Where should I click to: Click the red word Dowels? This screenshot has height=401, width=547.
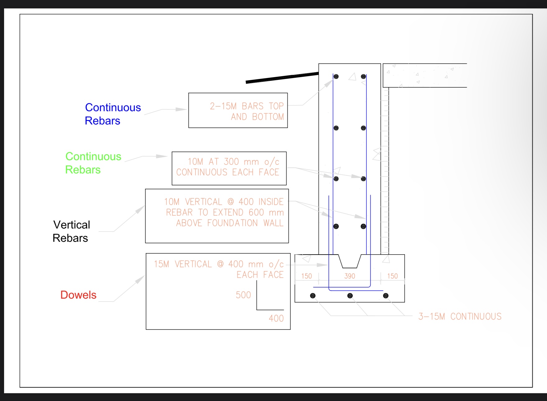coord(78,295)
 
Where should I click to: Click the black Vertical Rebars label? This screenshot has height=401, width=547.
coord(71,231)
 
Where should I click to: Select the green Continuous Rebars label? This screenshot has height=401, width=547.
coord(93,163)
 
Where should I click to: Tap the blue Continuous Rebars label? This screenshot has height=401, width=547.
coord(113,114)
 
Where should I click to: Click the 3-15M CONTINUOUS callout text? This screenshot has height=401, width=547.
coord(460,316)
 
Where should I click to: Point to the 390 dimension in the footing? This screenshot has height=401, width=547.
coord(350,276)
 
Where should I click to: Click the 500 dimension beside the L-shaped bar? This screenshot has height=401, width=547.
coord(243,295)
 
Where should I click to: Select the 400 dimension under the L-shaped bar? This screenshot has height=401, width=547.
coord(276,318)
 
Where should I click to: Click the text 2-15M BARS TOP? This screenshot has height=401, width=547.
coord(246,106)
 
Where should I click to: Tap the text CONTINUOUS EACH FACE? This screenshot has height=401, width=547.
coord(228,172)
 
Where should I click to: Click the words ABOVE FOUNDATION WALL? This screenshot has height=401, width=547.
coord(230,223)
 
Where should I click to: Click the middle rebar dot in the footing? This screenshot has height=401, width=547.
coord(350,296)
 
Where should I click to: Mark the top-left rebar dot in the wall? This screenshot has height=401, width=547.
coord(336,76)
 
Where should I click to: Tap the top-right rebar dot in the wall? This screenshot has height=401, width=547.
coord(363,76)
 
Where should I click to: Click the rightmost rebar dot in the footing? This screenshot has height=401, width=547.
coord(386,296)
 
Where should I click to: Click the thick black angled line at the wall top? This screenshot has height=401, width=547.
coord(282,78)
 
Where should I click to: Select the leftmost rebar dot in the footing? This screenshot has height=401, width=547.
coord(313,296)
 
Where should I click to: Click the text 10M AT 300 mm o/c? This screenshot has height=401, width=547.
coord(233,162)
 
